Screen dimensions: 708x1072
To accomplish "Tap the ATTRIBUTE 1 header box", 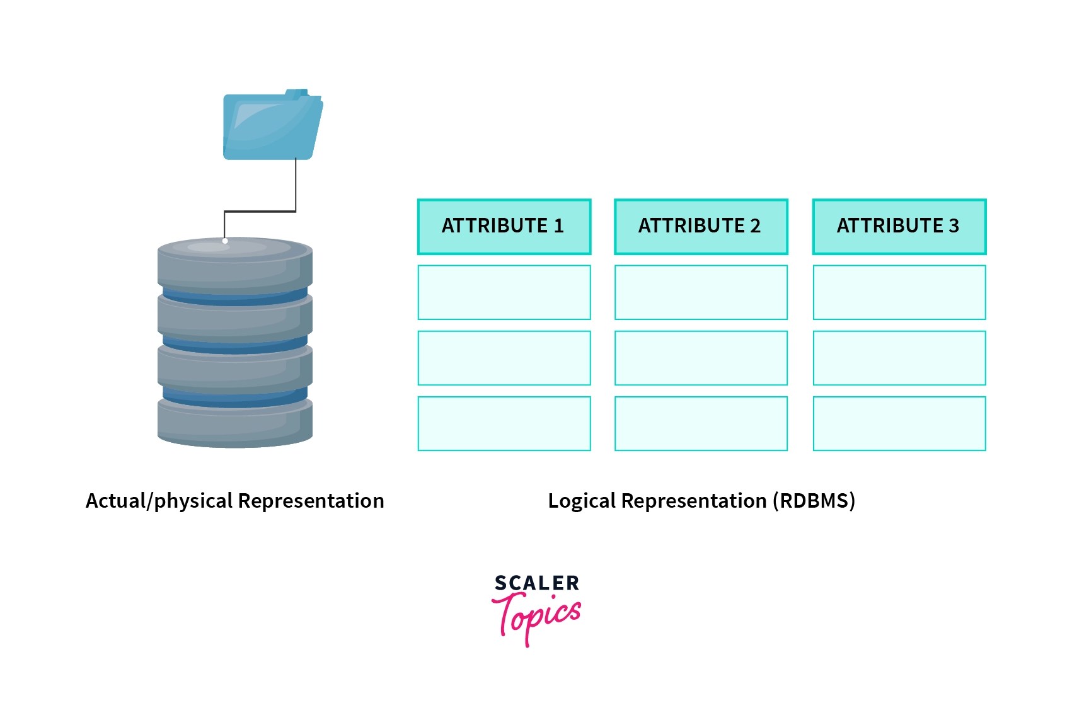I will (504, 227).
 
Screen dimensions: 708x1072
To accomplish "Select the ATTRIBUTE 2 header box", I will (701, 227).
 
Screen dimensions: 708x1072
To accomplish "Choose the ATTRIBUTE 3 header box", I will (899, 227).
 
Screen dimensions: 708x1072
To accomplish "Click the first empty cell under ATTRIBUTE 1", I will (504, 292).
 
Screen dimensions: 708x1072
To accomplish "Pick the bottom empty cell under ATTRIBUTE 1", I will (504, 423).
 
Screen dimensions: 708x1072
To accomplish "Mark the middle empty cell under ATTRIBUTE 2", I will (701, 358).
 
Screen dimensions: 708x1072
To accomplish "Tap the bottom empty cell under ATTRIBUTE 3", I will (899, 423).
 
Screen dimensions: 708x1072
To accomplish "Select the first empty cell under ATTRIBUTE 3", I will (899, 292).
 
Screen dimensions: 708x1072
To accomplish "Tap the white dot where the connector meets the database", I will (225, 241).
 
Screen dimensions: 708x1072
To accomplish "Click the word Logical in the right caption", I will (581, 501).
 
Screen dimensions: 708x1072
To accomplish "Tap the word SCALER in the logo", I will (536, 583).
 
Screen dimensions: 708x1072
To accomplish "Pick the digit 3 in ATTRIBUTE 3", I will (954, 226).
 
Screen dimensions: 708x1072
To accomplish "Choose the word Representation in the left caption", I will (311, 501).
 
